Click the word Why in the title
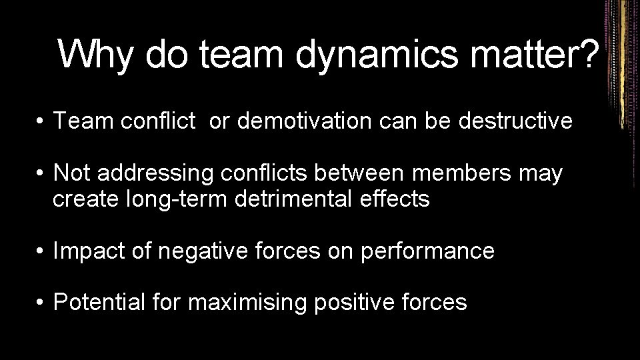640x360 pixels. [95, 53]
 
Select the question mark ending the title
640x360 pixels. [586, 53]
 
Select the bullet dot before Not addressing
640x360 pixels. [41, 174]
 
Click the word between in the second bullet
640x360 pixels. [360, 173]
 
